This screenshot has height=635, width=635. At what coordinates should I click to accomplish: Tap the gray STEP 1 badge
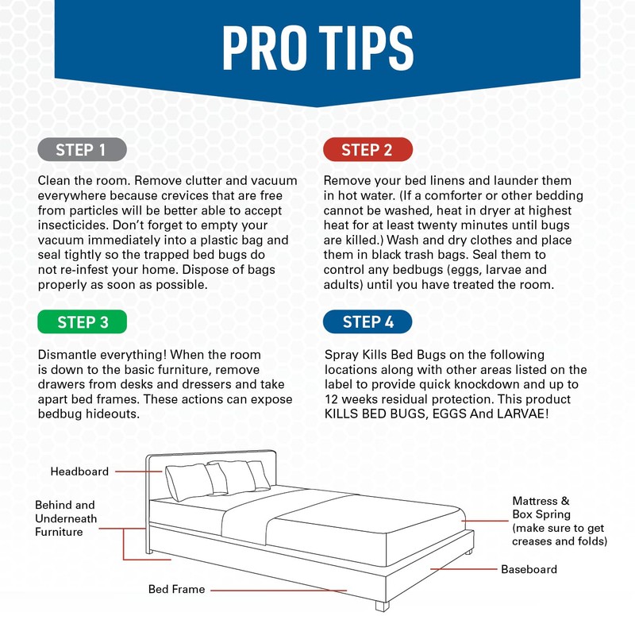(80, 149)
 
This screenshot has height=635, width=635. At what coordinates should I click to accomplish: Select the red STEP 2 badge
(367, 149)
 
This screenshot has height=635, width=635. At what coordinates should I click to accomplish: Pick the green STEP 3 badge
(83, 321)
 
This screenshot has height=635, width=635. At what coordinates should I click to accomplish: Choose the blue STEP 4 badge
(368, 321)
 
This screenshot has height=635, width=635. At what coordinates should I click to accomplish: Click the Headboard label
(79, 471)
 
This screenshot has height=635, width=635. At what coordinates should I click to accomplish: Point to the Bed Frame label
(176, 590)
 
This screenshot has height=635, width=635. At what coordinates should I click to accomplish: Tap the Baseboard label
(529, 569)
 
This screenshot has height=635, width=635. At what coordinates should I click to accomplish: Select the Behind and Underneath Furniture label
(65, 518)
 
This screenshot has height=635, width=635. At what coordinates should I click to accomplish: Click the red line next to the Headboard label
(140, 471)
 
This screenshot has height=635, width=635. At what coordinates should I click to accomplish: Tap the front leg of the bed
(383, 604)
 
